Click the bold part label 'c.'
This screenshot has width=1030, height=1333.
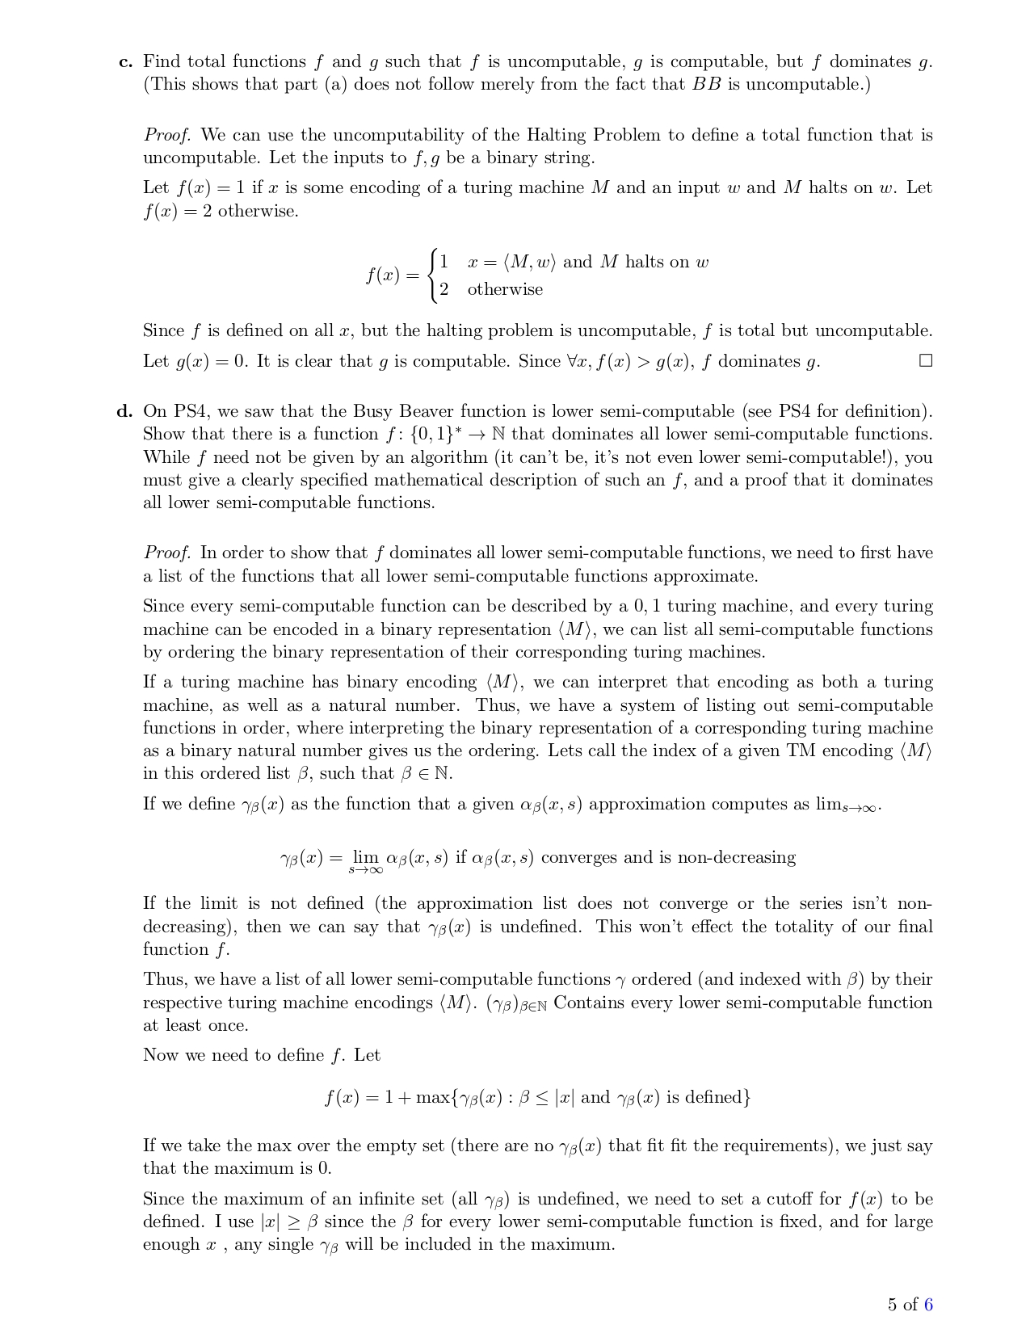[x=125, y=62]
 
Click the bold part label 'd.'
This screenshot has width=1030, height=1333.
[x=124, y=411]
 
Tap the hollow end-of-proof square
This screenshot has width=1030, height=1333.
[x=926, y=360]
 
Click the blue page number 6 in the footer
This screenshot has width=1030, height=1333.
[x=928, y=1304]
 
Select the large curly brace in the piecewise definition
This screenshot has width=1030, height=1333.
[x=435, y=275]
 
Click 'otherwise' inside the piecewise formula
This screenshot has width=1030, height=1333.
[x=505, y=289]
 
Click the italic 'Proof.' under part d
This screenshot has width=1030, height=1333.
[x=167, y=553]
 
